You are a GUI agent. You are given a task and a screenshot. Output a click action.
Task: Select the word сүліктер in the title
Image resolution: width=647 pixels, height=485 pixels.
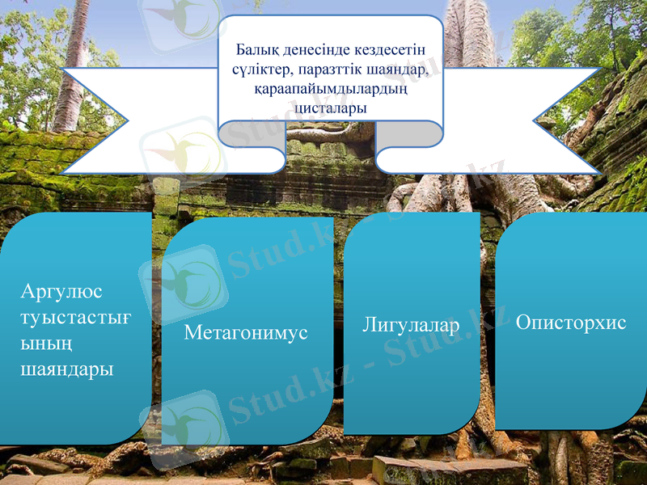[x=260, y=69]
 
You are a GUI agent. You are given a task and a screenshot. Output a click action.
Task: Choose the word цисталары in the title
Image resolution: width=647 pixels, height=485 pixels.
[x=332, y=106]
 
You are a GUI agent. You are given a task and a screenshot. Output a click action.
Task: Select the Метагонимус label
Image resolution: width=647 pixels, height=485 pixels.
[x=246, y=332]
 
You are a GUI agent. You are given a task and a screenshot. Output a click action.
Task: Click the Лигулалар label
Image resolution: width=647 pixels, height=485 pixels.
[x=411, y=325]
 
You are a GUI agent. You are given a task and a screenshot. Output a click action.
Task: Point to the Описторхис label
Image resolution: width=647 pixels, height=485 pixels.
[x=571, y=323]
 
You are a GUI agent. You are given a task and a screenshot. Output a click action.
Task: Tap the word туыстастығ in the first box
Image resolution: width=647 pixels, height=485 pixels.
[x=74, y=317]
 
